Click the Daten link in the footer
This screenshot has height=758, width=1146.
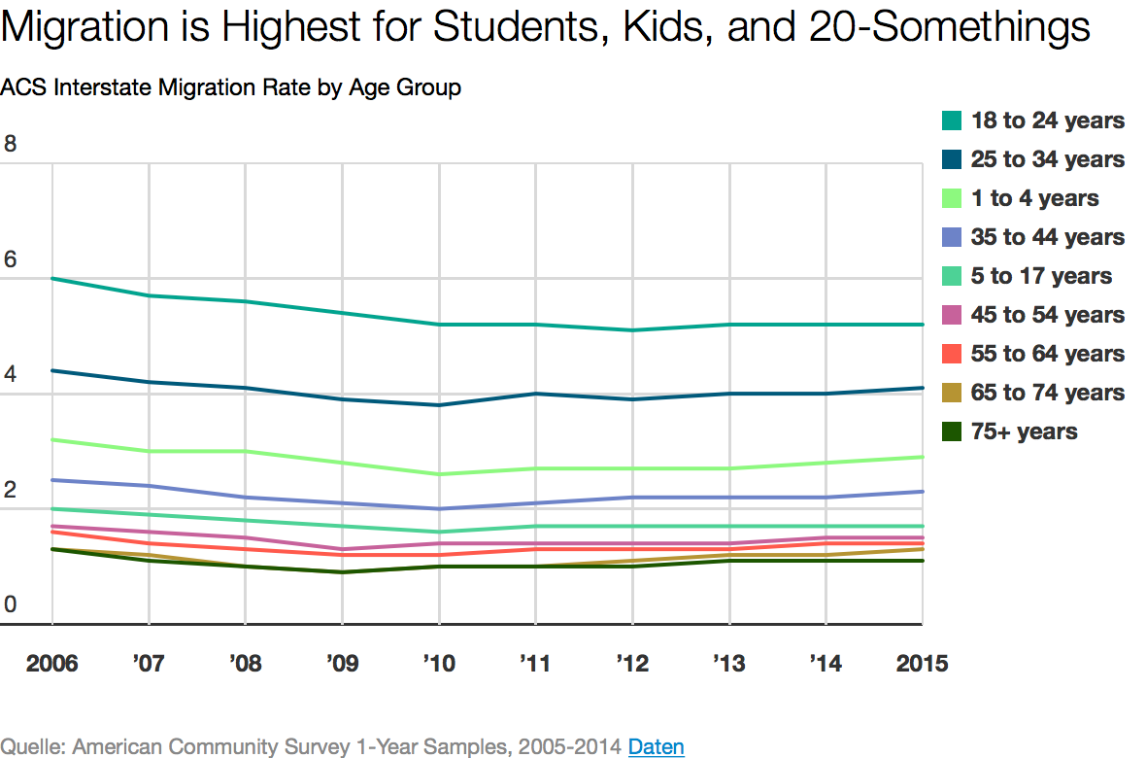click(657, 746)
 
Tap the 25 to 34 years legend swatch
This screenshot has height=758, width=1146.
click(952, 159)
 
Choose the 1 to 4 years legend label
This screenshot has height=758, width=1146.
click(1034, 198)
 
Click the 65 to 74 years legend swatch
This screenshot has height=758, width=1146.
click(952, 393)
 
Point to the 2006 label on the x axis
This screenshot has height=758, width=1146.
click(51, 664)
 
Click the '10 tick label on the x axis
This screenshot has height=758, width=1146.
click(439, 664)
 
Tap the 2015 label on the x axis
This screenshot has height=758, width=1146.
click(922, 664)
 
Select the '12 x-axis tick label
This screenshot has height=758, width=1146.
click(632, 664)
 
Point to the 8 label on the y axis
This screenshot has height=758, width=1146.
click(11, 144)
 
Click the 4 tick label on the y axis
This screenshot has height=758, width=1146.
click(11, 374)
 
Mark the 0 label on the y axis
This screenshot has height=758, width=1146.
click(11, 604)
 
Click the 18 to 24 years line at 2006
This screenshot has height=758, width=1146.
click(51, 279)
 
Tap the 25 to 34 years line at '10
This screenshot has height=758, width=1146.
click(439, 405)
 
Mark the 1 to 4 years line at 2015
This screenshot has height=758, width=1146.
click(922, 457)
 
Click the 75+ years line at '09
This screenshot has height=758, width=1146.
click(343, 572)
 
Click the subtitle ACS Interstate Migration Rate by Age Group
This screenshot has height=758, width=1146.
click(230, 87)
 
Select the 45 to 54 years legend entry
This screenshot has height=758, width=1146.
click(1047, 315)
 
